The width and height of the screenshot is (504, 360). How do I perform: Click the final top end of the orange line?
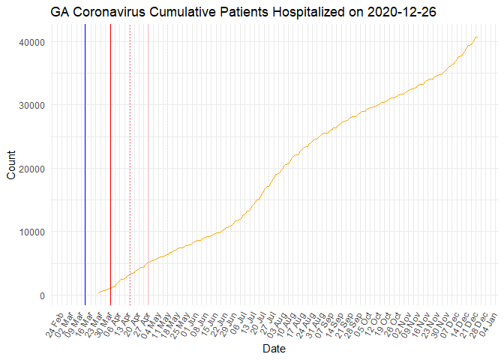(x=477, y=37)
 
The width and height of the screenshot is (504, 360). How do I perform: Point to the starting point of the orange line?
(x=98, y=292)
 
